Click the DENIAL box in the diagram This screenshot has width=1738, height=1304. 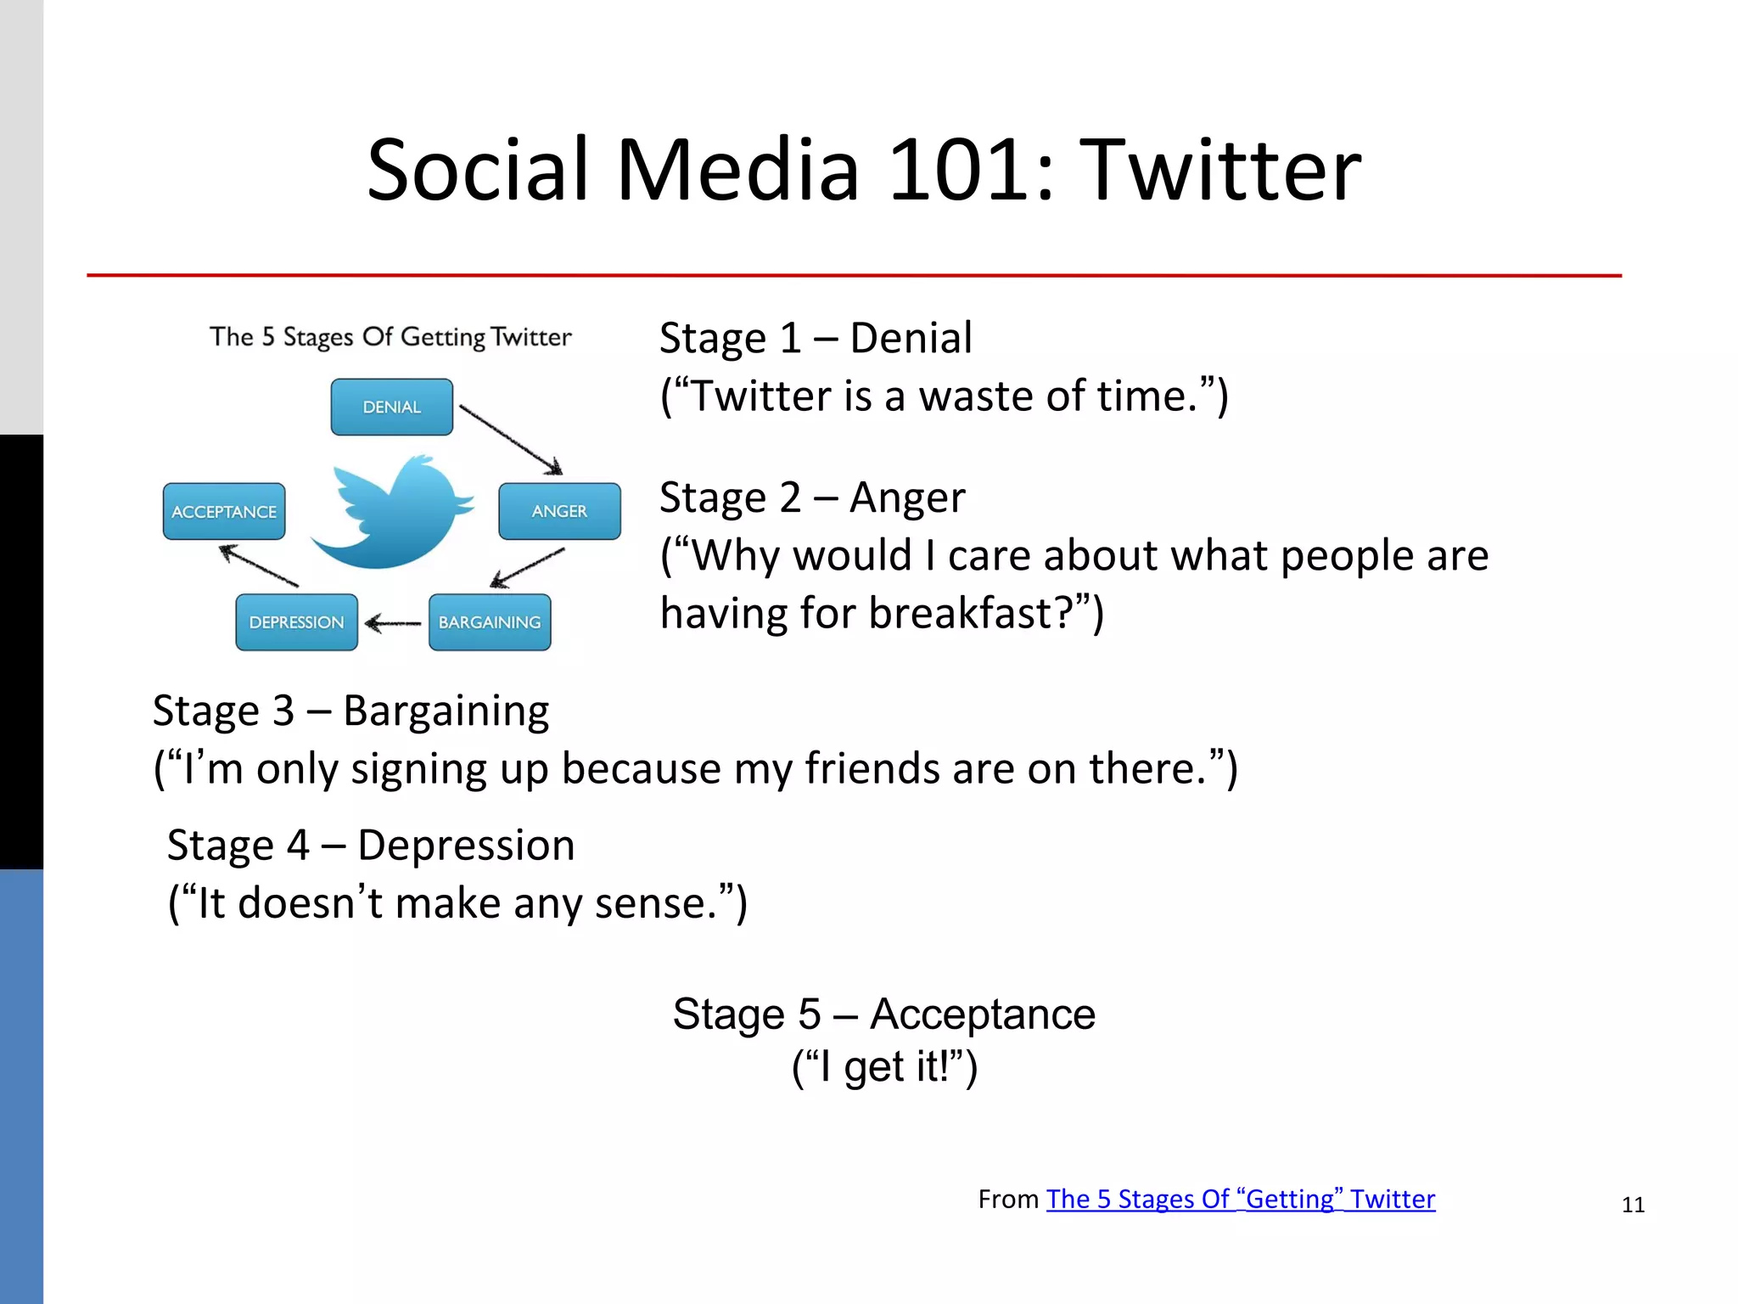[x=391, y=407]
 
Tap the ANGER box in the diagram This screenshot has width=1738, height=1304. [x=559, y=511]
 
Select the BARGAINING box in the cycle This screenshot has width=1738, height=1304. [x=490, y=622]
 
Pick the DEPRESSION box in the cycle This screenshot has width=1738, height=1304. [x=296, y=622]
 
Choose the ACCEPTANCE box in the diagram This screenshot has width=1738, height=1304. [x=224, y=512]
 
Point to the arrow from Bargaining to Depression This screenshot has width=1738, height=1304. [x=393, y=624]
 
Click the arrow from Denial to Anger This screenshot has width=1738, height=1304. [x=510, y=439]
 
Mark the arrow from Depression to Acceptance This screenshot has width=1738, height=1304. [x=259, y=566]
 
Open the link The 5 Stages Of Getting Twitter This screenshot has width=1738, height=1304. [x=1240, y=1199]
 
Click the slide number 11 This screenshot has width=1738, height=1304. [x=1633, y=1205]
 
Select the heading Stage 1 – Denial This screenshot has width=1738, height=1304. [x=816, y=338]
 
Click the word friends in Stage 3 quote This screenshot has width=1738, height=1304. [x=872, y=768]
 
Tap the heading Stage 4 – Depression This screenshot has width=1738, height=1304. [x=371, y=846]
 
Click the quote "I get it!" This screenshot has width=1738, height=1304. [x=884, y=1067]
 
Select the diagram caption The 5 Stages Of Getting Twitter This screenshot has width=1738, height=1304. [x=390, y=337]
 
